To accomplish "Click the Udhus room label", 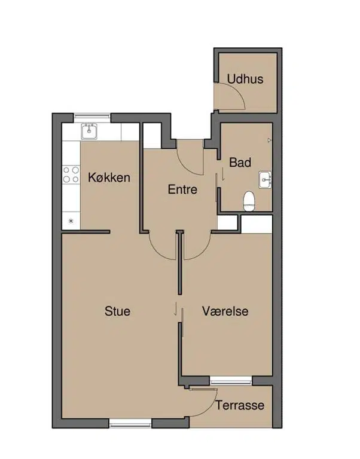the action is coord(245,79).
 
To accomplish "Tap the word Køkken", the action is coord(109,178).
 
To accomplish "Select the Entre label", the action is coord(182,189).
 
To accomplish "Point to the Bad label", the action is coord(240,163).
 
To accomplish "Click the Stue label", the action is coord(117,311).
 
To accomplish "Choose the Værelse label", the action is coord(225,311).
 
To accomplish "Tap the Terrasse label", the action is coord(240,405).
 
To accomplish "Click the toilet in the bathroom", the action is coord(249,201).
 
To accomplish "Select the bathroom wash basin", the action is coord(265,180).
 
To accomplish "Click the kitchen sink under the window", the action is coord(89,131).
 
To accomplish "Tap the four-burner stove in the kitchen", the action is coord(71,175).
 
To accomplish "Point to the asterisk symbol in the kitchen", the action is coord(71,221).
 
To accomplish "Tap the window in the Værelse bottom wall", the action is coord(231,381).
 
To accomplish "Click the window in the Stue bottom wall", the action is coord(130,423).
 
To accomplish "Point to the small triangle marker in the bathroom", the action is coord(270,140).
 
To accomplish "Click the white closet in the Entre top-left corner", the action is coord(152,136).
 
